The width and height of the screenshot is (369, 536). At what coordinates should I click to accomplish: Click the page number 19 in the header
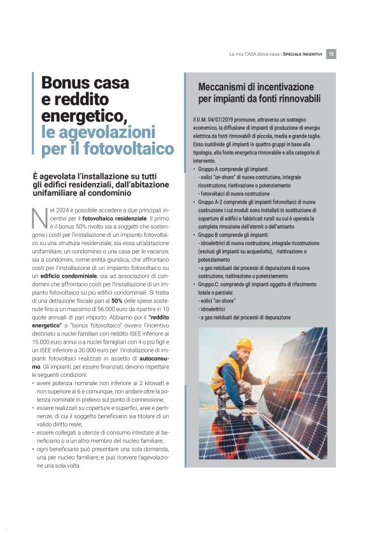(x=331, y=54)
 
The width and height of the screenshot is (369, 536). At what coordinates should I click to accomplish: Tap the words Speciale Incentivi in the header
(x=303, y=54)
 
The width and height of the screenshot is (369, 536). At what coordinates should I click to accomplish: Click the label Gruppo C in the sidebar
(x=211, y=284)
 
